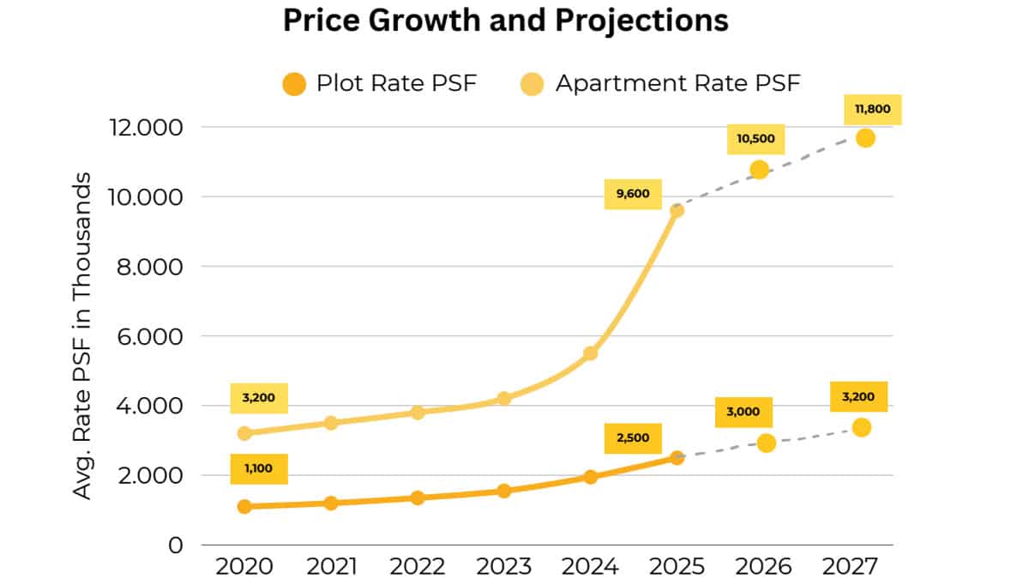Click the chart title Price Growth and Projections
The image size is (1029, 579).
[x=506, y=21]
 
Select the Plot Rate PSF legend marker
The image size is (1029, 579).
[x=293, y=84]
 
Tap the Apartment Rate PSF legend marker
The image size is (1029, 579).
[x=533, y=84]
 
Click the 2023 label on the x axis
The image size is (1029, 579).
[x=504, y=568]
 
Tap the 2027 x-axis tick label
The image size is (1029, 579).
[x=851, y=568]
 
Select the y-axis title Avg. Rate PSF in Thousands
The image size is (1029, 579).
[x=82, y=336]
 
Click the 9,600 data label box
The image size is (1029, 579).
[x=633, y=194]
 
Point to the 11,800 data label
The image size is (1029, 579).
[x=874, y=109]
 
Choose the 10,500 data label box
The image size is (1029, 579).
[x=755, y=139]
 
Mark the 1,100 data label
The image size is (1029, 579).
[x=258, y=469]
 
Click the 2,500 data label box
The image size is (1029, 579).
[x=633, y=437]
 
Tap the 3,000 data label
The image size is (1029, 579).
[x=743, y=412]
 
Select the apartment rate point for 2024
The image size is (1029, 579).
[x=590, y=353]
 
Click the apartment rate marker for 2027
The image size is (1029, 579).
[x=865, y=138]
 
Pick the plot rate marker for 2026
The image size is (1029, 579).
[x=767, y=443]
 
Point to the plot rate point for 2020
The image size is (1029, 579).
[x=244, y=506]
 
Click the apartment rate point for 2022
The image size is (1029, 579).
[x=418, y=413]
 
